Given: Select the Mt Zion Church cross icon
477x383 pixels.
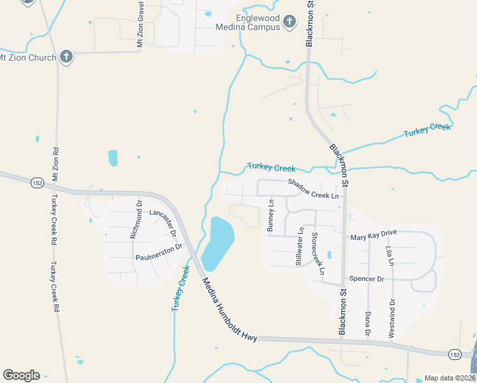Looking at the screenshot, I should coord(66,57).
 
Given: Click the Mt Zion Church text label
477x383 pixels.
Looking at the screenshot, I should coord(28,57).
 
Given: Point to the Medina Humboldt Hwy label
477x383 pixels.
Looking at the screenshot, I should coord(230,310).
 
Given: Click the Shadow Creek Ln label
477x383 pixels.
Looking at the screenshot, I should coord(313,188).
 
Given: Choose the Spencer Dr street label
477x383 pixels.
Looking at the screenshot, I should coord(367,279).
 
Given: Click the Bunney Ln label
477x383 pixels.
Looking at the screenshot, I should coord(270,216).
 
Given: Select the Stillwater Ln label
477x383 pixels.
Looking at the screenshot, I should coord(299,248).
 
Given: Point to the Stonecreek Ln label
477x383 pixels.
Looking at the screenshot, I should coord(318,253).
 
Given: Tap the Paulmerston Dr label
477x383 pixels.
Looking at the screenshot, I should coord(159,252).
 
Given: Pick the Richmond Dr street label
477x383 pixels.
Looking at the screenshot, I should coord(136,220).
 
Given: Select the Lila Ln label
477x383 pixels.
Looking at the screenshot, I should coord(388,253).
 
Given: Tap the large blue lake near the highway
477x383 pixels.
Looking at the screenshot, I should coord(217,244).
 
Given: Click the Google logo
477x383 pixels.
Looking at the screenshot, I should coord(21,375).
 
